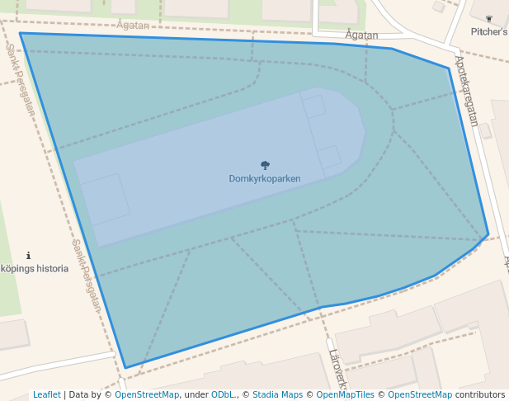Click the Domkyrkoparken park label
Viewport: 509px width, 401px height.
(265, 178)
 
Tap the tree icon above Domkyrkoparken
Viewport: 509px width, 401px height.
(265, 165)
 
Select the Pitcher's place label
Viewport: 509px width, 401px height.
(489, 31)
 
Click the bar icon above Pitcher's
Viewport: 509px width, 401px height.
(489, 18)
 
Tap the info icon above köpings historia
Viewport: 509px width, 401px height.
(29, 256)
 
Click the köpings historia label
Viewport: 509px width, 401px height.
(34, 268)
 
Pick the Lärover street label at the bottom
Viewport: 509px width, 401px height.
(337, 368)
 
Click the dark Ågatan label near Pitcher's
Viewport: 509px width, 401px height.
(362, 35)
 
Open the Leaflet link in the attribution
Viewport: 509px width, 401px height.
(46, 394)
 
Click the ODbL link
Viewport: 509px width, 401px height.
(224, 394)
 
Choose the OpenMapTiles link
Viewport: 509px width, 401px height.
(345, 394)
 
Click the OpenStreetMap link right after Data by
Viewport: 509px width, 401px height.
(147, 394)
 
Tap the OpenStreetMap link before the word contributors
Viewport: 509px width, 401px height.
(420, 394)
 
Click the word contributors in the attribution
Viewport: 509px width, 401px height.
(480, 394)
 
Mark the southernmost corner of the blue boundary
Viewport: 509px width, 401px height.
(125, 368)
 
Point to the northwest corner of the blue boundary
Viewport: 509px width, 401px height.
(20, 34)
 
